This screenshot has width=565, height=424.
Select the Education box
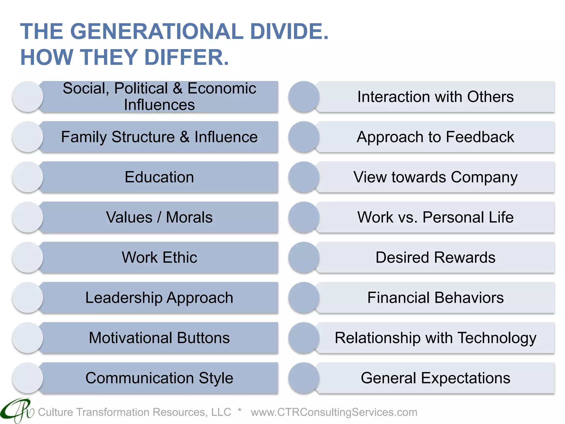pos(159,177)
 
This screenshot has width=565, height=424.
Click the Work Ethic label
pos(159,257)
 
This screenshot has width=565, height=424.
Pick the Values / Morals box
pos(159,217)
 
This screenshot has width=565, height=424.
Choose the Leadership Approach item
pos(159,298)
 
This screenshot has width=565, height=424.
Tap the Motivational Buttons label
pos(159,338)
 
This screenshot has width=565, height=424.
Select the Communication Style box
pos(159,378)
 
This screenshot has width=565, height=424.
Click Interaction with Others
pos(435,97)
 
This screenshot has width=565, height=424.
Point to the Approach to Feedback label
pos(435,137)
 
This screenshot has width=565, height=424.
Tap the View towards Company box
pos(435,177)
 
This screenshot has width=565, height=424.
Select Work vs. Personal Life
pos(435,217)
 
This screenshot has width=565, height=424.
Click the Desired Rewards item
pos(435,257)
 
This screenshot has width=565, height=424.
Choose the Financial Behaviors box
pos(435,298)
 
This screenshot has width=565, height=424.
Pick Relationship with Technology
pos(435,338)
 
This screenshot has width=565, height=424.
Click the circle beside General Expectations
pos(304,378)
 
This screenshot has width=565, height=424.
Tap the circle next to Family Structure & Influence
pos(28,137)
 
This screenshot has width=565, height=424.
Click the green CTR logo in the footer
pos(17,410)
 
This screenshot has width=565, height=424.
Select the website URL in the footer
pos(334,412)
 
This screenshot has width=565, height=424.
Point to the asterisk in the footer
pos(239,410)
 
